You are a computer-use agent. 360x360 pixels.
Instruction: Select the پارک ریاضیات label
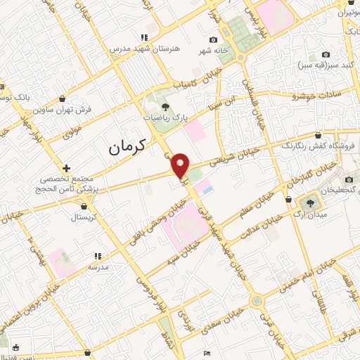pyautogui.click(x=166, y=119)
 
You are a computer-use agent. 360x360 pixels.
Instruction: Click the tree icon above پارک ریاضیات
pyautogui.click(x=166, y=107)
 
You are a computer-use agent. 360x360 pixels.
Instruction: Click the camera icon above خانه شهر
pyautogui.click(x=213, y=40)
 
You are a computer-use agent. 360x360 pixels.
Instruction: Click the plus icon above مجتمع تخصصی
pyautogui.click(x=65, y=168)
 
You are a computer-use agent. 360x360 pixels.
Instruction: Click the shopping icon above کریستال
pyautogui.click(x=85, y=207)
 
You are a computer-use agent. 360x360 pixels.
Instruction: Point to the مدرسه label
pyautogui.click(x=98, y=268)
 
